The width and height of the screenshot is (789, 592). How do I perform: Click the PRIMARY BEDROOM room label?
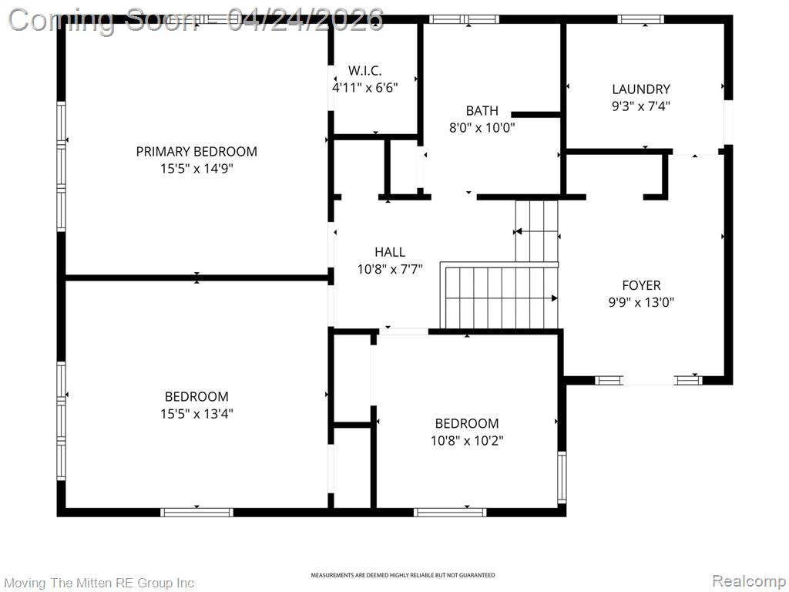point(196,151)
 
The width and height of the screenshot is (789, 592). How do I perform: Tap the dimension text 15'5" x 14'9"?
point(196,168)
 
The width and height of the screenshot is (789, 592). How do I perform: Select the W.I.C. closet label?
point(364,71)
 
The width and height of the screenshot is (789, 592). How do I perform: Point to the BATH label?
point(482,111)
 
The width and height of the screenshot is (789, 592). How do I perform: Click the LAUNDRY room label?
point(641,89)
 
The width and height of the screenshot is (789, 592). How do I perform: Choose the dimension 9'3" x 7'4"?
point(641,106)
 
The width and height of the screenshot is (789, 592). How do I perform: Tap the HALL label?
point(390,252)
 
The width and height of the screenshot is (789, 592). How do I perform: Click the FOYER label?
point(641,286)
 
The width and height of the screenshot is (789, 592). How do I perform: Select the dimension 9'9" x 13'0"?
point(641,303)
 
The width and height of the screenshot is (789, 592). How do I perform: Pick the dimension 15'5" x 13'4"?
point(196,414)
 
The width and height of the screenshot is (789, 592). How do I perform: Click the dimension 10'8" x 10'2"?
point(467,440)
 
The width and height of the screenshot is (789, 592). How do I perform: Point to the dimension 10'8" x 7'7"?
point(390,269)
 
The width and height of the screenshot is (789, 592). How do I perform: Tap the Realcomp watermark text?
point(747,581)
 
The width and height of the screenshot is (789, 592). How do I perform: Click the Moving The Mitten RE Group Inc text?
point(99,583)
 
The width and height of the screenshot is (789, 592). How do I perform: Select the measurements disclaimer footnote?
point(402,575)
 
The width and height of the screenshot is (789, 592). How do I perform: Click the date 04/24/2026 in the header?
point(306,18)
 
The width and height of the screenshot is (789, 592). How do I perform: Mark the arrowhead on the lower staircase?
point(554,298)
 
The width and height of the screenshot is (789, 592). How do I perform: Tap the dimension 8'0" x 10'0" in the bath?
point(482,128)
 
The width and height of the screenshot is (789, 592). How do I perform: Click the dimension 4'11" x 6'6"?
point(364,88)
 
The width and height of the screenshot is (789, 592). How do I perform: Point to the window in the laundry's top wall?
point(641,19)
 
